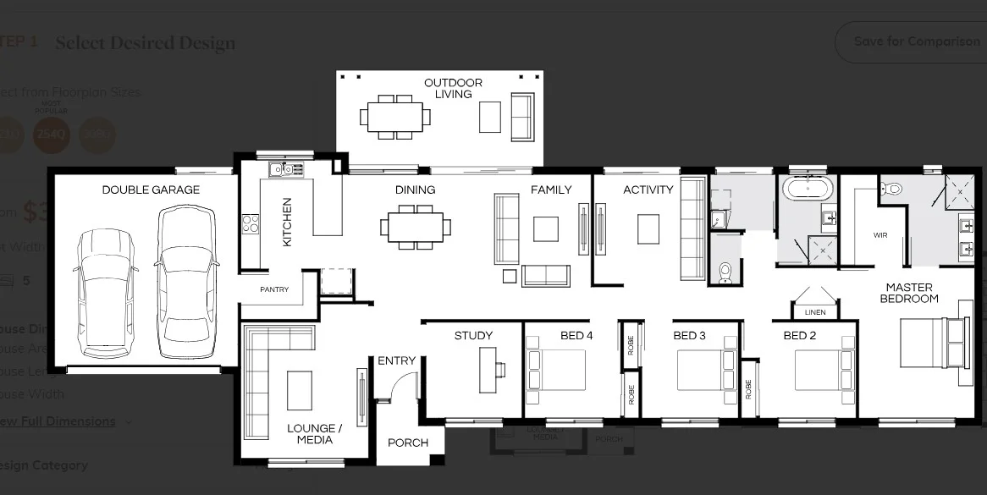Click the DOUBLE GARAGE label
pos(151,190)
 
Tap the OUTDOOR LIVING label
pos(453,88)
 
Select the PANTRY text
pos(274,289)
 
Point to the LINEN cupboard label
pos(814,312)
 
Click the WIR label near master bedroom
pos(879,235)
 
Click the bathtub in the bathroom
pos(808,188)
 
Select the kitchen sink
pos(282,170)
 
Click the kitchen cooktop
pos(251,223)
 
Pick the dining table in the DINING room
pos(415,227)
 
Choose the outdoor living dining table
pos(394,116)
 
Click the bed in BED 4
pos(556,370)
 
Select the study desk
pos(488,370)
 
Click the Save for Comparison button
pos(916,41)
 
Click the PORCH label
pos(408,443)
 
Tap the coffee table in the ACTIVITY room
pos(648,228)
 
